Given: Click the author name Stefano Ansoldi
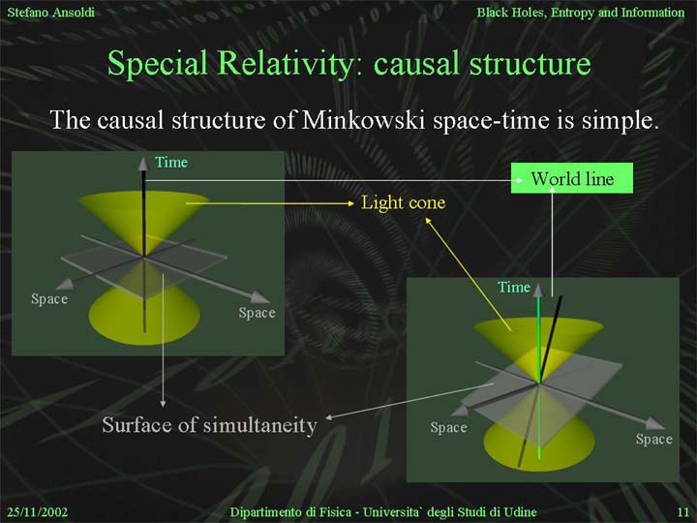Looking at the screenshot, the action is point(50,12).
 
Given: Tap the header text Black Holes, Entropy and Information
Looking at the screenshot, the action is point(581,13).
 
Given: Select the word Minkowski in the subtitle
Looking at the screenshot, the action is point(363,120).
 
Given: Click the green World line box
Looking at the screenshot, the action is point(572,178).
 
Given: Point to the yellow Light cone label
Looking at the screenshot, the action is point(403,202).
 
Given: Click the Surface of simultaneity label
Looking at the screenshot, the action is point(209,425).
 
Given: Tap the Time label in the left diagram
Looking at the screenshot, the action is point(171,163).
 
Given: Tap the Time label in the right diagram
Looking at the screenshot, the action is point(514,288).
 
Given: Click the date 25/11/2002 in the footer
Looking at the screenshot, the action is point(38,512).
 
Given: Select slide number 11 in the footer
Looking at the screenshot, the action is point(682,512).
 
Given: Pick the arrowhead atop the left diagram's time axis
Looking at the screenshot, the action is point(143,164).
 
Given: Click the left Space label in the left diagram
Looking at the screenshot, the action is point(49,299).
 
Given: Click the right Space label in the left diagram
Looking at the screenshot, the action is point(257,313).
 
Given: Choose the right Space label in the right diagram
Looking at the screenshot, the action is point(653,439).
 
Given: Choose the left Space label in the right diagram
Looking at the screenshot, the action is point(448,427).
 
